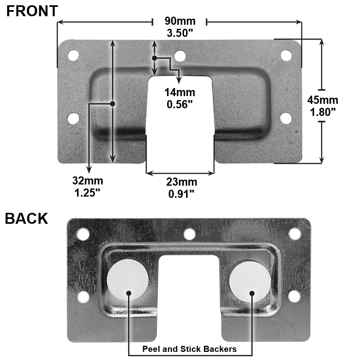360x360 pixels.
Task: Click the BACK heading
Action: tap(26, 219)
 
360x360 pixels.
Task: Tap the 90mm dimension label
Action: tap(180, 21)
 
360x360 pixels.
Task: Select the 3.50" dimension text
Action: tap(180, 33)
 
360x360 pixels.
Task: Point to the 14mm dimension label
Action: tap(180, 92)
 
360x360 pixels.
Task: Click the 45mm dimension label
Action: tap(323, 100)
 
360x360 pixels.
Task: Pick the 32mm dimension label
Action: tap(88, 180)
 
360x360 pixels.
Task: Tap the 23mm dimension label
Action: tap(182, 182)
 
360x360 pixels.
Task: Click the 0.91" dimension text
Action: tap(182, 194)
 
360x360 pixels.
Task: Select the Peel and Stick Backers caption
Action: tap(189, 349)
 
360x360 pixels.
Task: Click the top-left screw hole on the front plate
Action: tap(73, 56)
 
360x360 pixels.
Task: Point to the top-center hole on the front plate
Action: tap(180, 56)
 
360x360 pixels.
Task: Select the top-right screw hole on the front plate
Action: tap(286, 56)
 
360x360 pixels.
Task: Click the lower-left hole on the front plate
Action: tap(73, 118)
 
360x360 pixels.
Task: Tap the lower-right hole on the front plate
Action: tap(286, 118)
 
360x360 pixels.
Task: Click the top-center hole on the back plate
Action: tap(189, 234)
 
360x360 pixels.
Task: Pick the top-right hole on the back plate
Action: tap(295, 234)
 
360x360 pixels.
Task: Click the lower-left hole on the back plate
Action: tap(83, 297)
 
